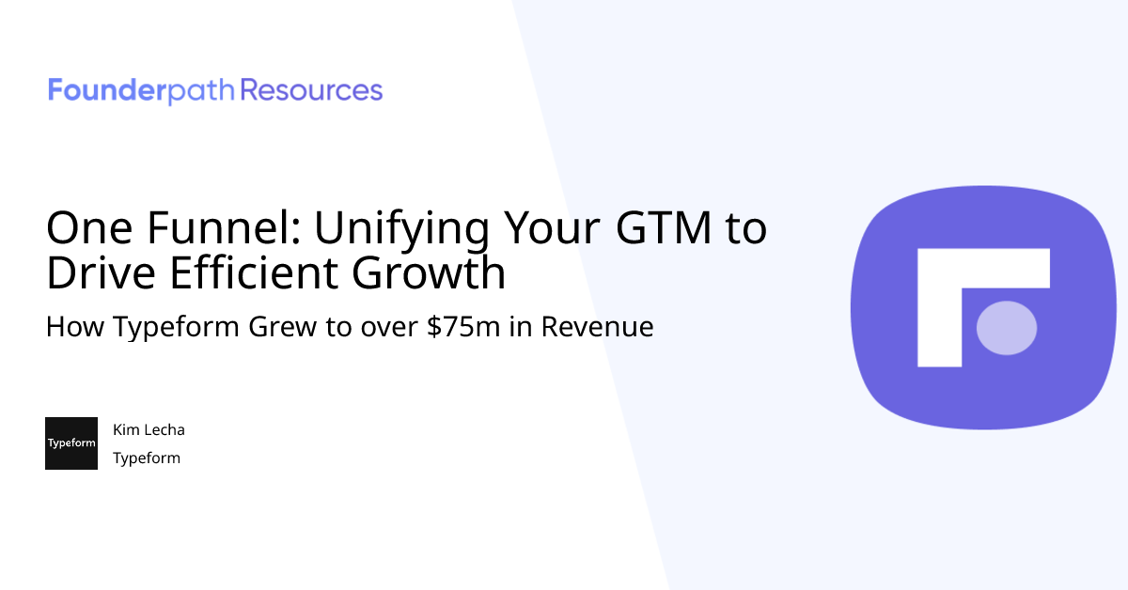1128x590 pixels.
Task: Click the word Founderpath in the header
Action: (142, 91)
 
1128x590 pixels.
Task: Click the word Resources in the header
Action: (311, 91)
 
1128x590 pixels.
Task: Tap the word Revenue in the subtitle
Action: (597, 328)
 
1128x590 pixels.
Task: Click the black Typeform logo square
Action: (71, 443)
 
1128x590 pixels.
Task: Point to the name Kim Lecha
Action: (149, 430)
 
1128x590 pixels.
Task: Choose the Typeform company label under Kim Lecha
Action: (147, 458)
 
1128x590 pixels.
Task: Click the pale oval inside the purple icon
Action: (1007, 328)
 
